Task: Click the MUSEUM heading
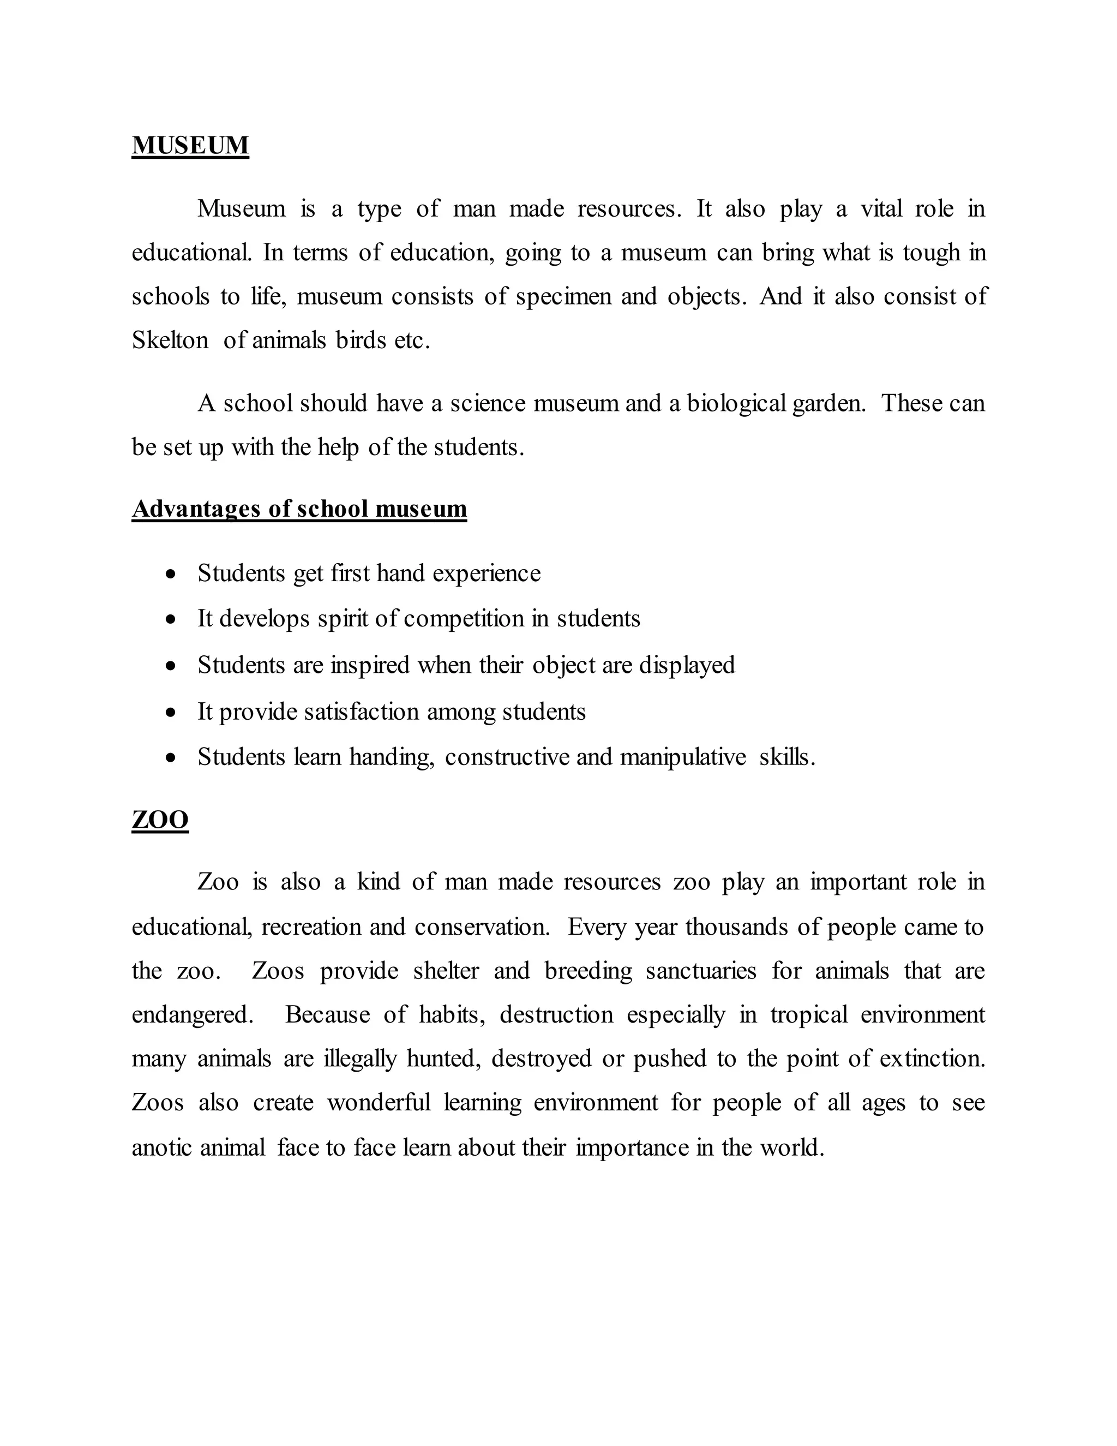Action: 190,145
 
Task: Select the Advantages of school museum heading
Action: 299,509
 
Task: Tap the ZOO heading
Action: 160,820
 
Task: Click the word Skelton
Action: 170,340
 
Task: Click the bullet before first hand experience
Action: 171,574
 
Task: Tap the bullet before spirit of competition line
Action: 171,620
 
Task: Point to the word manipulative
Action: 682,757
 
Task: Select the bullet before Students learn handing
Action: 171,757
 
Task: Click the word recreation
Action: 311,927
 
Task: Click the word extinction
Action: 932,1059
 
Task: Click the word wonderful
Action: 379,1103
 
